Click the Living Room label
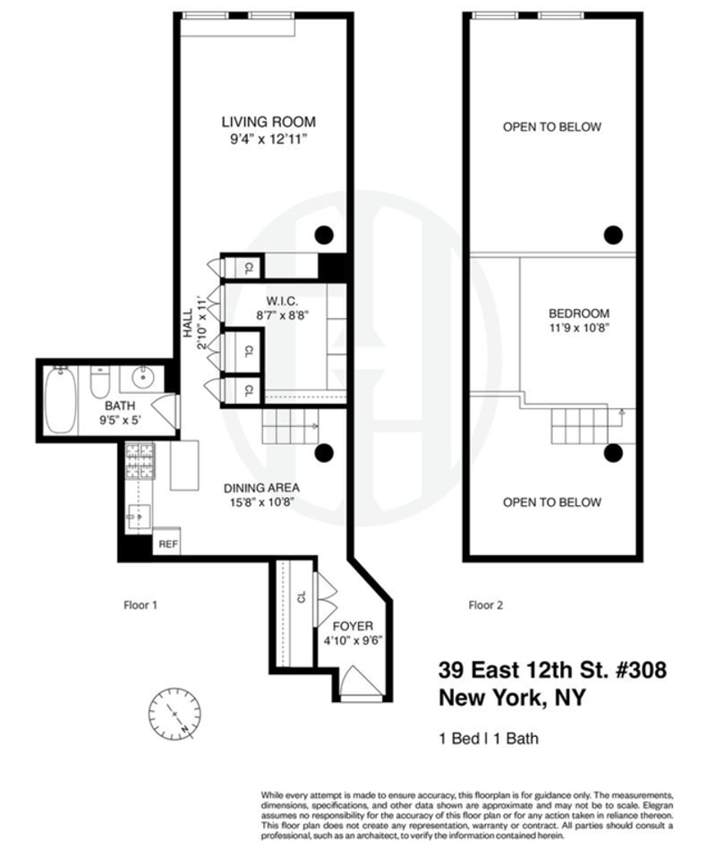click(268, 122)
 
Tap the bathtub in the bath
click(60, 400)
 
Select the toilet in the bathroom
click(100, 381)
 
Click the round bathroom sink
click(143, 377)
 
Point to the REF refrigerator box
click(167, 542)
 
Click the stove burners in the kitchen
click(141, 461)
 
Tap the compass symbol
click(175, 714)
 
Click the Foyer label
click(354, 626)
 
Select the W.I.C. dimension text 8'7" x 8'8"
click(283, 315)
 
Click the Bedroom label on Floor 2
click(579, 313)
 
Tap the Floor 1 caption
click(141, 605)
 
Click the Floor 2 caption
click(486, 605)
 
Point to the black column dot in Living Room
click(324, 235)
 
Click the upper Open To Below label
click(552, 126)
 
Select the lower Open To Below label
click(552, 502)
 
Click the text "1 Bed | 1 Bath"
click(489, 739)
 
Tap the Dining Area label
click(261, 488)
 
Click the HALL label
click(188, 322)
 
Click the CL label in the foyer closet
click(302, 597)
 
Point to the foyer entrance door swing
click(360, 681)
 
